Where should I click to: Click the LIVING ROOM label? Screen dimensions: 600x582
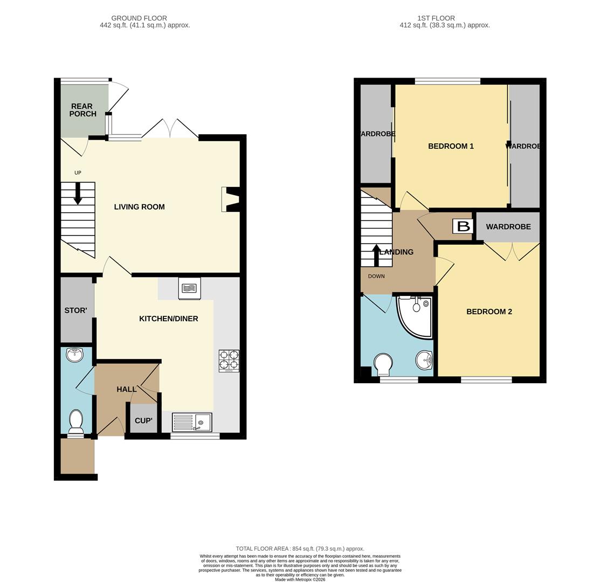(x=139, y=207)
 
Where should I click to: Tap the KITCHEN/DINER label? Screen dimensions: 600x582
(x=168, y=318)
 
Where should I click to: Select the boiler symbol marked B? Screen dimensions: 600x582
(x=463, y=226)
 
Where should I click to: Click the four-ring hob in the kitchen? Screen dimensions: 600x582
(x=229, y=361)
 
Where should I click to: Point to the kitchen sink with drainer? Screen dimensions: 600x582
(x=192, y=422)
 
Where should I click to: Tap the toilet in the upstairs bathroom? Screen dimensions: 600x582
(x=383, y=364)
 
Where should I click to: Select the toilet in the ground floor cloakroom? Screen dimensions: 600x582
(x=76, y=422)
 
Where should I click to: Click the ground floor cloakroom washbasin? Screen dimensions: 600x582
(x=74, y=355)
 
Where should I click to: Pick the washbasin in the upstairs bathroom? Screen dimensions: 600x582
(x=424, y=360)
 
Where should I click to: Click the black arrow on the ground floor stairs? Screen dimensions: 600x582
(x=78, y=193)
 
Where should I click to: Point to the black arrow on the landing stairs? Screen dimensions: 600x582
(x=376, y=255)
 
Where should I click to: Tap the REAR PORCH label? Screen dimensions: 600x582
(x=82, y=110)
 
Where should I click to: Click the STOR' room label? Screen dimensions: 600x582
(x=76, y=310)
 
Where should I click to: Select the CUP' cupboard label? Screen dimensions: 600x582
(x=143, y=421)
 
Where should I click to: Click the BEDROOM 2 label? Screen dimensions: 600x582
(x=489, y=311)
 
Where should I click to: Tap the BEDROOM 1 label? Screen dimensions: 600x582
(x=451, y=146)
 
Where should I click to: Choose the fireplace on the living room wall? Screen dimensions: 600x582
(x=231, y=199)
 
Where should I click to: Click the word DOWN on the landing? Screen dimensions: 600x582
(x=376, y=276)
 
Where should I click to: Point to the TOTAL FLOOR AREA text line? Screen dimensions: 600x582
(x=300, y=549)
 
